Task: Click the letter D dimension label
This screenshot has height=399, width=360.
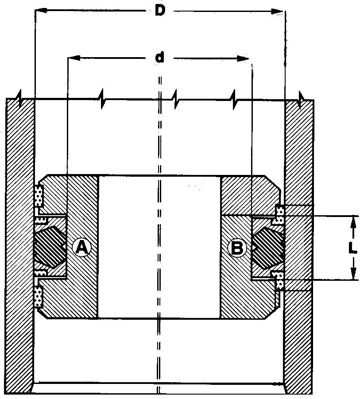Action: click(x=160, y=11)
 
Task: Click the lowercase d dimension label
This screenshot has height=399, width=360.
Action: click(x=159, y=57)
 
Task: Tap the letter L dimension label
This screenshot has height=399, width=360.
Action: click(x=352, y=248)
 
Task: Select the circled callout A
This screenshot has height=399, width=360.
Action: click(x=81, y=248)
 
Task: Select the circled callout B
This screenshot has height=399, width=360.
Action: click(x=237, y=248)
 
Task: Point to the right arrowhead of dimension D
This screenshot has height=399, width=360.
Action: click(x=277, y=12)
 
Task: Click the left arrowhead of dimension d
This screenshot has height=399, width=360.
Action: click(x=74, y=58)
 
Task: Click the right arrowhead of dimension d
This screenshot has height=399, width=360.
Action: click(x=243, y=58)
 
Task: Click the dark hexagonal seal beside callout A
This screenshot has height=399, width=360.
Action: click(x=50, y=247)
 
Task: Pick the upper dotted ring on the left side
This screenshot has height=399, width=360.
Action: click(x=39, y=196)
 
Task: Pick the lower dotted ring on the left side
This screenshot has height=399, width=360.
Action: click(x=39, y=297)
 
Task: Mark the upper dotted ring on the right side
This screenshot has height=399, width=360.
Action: click(x=279, y=215)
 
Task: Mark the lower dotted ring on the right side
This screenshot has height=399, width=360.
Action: click(x=279, y=280)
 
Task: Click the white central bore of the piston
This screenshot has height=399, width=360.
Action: click(x=159, y=247)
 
